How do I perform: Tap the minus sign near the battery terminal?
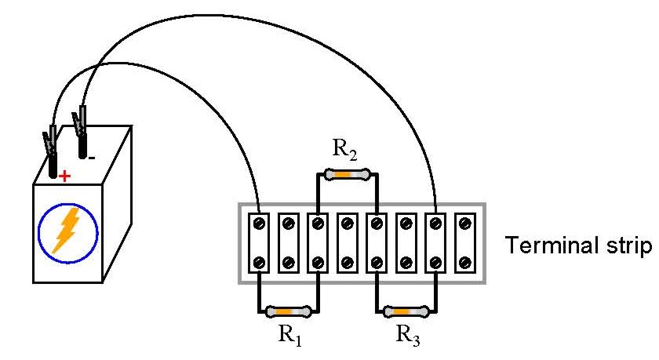(x=92, y=157)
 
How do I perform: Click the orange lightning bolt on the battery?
(x=67, y=228)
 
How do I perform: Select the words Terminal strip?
(x=580, y=246)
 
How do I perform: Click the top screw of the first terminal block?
(x=260, y=224)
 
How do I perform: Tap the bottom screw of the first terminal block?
(x=260, y=261)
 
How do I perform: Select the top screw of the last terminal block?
(x=465, y=224)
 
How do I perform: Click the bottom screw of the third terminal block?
(x=318, y=261)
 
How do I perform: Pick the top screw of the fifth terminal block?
(x=377, y=224)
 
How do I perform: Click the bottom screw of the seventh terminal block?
(x=435, y=261)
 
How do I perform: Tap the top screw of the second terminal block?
(x=289, y=224)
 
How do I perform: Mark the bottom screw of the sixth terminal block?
(x=406, y=261)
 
